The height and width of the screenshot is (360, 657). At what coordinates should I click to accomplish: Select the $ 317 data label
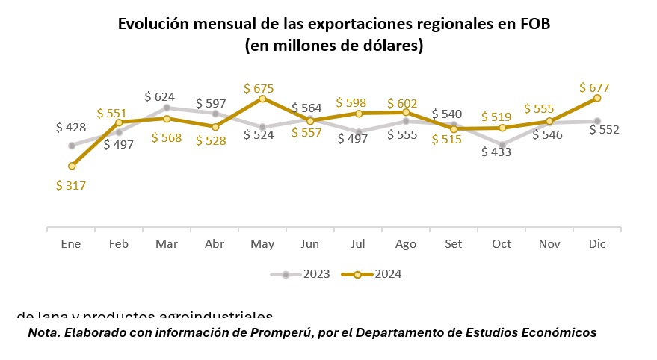coord(71,186)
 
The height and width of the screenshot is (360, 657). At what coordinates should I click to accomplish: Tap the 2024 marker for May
coord(262,98)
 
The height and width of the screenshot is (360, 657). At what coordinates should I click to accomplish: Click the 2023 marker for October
coord(502,145)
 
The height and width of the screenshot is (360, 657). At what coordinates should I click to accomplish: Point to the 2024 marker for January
coord(72,166)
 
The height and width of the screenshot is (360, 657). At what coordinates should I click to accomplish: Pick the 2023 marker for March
coord(167,108)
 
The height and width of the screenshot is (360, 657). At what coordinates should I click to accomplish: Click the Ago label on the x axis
coord(406,244)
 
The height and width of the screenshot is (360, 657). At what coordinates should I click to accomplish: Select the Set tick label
coord(454,244)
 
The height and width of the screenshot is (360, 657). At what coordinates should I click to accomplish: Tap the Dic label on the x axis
coord(597,244)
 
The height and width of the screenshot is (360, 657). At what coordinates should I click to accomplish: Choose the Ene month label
coord(71,244)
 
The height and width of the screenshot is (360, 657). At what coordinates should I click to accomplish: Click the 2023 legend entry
coord(300,274)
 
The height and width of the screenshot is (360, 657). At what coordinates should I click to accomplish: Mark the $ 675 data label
coord(259,88)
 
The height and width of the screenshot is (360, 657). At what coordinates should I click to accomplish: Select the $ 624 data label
coord(160,96)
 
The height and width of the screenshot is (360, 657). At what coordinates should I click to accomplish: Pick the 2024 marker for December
coord(597,98)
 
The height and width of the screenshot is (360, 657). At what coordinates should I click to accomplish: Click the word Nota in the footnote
coord(43,332)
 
